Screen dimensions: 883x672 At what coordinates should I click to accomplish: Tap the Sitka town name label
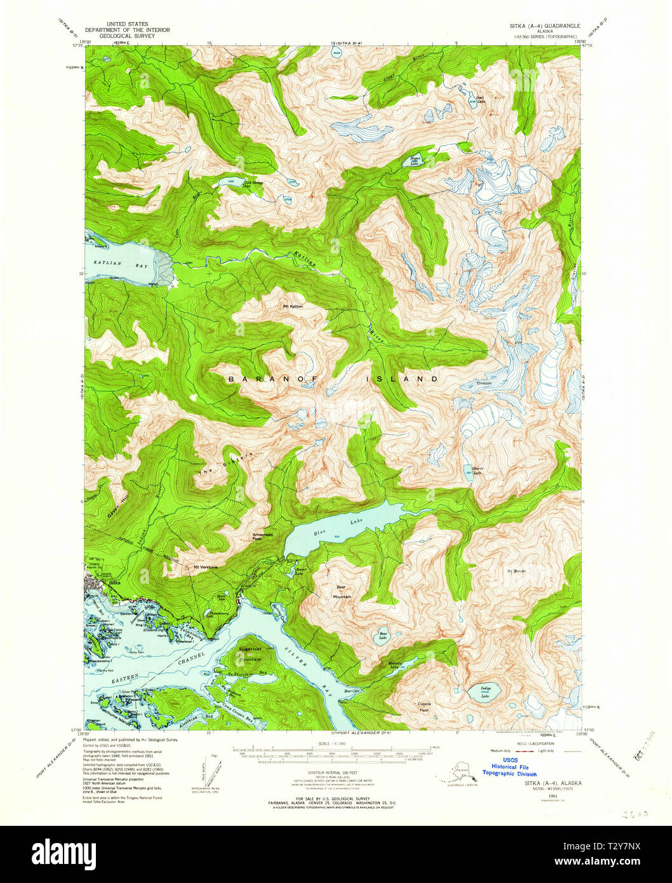114,582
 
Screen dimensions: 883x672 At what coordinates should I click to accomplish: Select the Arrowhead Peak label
262,537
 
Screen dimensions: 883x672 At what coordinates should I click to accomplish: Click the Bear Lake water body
383,636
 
